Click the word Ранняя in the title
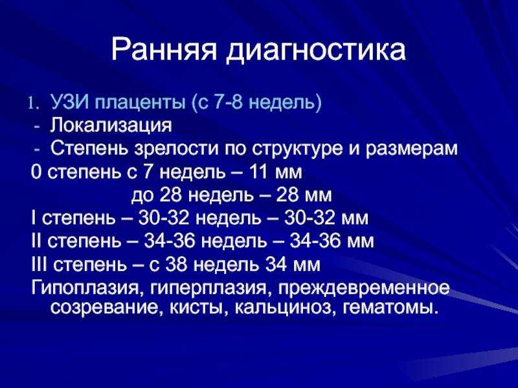pyautogui.click(x=164, y=50)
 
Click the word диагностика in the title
pyautogui.click(x=316, y=51)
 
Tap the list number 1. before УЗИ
pyautogui.click(x=34, y=103)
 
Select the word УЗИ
pyautogui.click(x=70, y=103)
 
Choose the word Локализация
pyautogui.click(x=111, y=126)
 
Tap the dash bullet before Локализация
pyautogui.click(x=37, y=127)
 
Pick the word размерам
pyautogui.click(x=412, y=149)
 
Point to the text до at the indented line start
pyautogui.click(x=142, y=195)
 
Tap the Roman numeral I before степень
pyautogui.click(x=34, y=218)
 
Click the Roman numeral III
pyautogui.click(x=39, y=264)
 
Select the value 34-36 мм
pyautogui.click(x=332, y=241)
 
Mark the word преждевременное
pyautogui.click(x=364, y=288)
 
